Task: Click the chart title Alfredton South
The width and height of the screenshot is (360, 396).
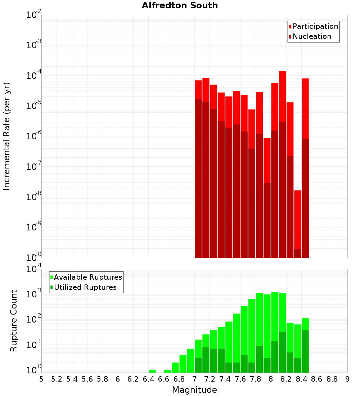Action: (x=180, y=5)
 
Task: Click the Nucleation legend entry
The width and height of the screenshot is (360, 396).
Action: (x=311, y=36)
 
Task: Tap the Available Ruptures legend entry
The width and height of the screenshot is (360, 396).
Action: (x=87, y=277)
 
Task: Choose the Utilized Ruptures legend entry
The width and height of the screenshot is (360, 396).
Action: (x=85, y=287)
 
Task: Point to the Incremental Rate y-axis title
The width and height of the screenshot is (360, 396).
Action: (x=7, y=136)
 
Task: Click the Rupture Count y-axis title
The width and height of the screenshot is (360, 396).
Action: (x=14, y=321)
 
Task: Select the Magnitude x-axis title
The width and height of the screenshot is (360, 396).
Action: (x=194, y=390)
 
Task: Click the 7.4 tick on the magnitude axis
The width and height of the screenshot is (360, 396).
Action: (x=225, y=379)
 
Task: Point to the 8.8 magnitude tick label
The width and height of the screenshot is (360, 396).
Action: (x=332, y=379)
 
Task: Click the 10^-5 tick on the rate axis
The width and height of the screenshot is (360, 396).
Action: (x=33, y=106)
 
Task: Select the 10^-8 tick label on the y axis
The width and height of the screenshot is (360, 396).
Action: (x=33, y=197)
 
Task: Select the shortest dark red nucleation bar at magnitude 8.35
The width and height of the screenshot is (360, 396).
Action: (x=297, y=253)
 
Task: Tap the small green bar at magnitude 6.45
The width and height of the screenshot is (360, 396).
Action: (x=152, y=371)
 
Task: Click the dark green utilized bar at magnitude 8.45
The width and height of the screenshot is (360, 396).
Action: (x=305, y=351)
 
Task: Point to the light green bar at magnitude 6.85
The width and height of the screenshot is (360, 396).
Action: (x=183, y=364)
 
